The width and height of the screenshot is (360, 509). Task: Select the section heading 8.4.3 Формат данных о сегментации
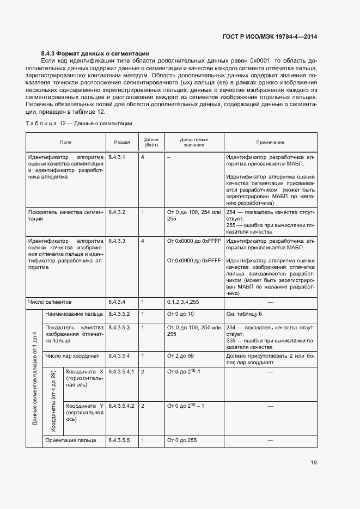tap(95, 53)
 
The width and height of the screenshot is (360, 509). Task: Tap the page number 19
tap(314, 463)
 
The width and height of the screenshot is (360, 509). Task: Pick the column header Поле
tap(65, 142)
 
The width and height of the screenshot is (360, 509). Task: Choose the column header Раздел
tap(122, 142)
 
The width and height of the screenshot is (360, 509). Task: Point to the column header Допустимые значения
tap(194, 142)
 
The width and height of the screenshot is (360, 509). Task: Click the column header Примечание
tap(270, 142)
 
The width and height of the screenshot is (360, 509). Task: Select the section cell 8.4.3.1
tap(117, 157)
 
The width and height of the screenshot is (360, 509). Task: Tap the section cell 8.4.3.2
tap(117, 212)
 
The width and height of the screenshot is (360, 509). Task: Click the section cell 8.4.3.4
tap(117, 302)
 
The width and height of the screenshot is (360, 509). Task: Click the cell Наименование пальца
tap(74, 315)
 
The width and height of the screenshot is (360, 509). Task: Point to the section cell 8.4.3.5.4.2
tap(122, 406)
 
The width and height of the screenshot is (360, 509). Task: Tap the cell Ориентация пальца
tap(71, 440)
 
